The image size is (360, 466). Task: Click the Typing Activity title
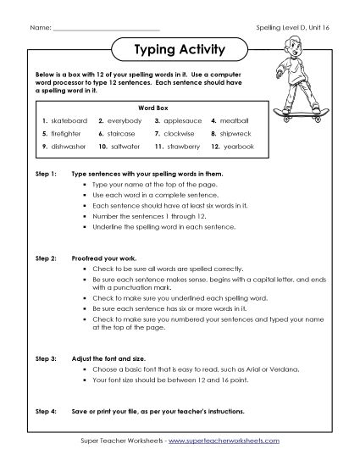point(179,49)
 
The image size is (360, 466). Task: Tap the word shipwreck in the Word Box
point(237,134)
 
